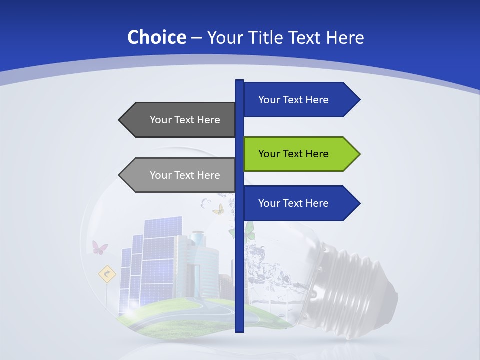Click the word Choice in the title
[x=156, y=37]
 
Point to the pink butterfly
[x=99, y=247]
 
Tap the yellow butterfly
[x=218, y=209]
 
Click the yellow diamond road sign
[x=107, y=274]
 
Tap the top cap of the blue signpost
[x=239, y=82]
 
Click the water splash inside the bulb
[x=262, y=265]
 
